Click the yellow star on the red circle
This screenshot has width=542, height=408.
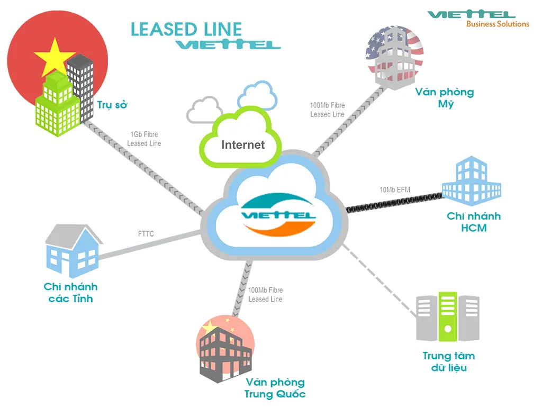click(x=51, y=57)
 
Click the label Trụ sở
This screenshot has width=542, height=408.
click(x=112, y=105)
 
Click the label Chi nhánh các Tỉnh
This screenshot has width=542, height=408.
click(x=71, y=293)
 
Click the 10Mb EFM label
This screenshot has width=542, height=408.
click(x=394, y=189)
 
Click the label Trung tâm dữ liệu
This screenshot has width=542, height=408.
click(x=448, y=361)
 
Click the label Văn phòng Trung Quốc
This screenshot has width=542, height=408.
click(x=275, y=388)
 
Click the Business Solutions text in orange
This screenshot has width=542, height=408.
click(x=497, y=24)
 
